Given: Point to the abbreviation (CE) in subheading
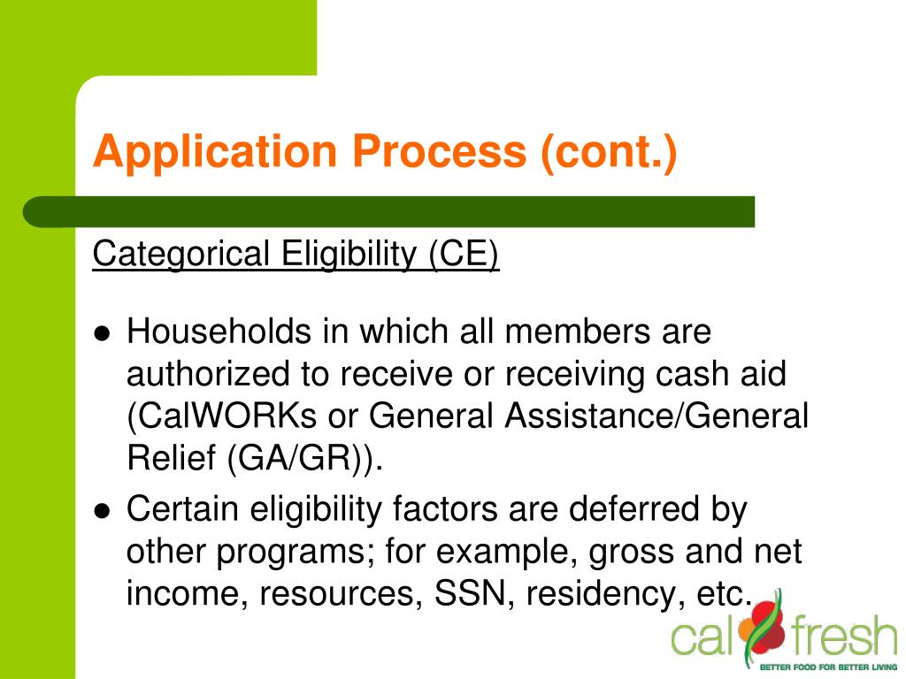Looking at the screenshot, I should point(465,255).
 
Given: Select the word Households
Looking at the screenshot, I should point(219,332).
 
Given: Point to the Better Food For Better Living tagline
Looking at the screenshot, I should point(828,667).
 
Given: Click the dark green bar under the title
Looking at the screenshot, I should point(389,212).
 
